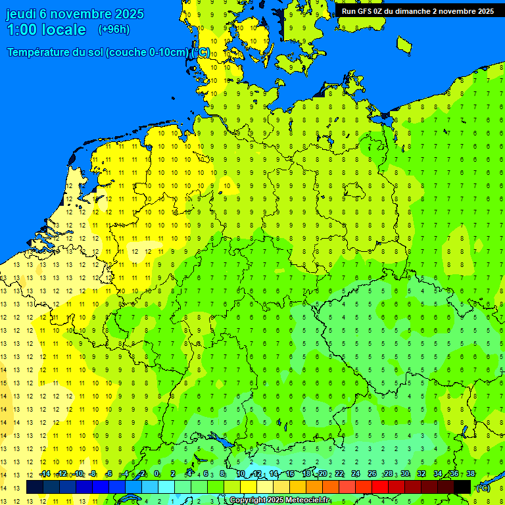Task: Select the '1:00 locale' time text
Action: [46, 30]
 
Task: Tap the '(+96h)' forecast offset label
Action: [114, 30]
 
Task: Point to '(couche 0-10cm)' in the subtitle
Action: [147, 53]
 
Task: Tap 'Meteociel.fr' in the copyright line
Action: [307, 500]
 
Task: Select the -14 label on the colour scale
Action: [44, 473]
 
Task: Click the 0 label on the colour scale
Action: [156, 473]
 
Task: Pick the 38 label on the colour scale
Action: [470, 473]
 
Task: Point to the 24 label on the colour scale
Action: [356, 473]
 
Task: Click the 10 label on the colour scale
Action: [241, 473]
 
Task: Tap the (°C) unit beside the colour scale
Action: [483, 488]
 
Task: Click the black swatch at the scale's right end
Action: [462, 487]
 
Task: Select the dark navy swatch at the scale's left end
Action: [34, 487]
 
